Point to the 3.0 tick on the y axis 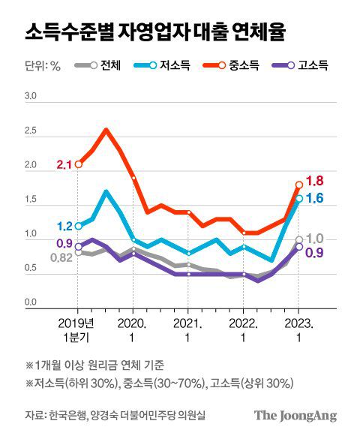(31, 97)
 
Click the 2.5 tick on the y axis (31, 131)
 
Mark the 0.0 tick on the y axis (31, 302)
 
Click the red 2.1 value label (64, 164)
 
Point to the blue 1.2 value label (64, 226)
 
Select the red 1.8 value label (315, 180)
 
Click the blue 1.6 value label (315, 198)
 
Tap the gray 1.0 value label (315, 239)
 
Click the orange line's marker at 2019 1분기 (78, 164)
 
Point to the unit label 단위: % (42, 66)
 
